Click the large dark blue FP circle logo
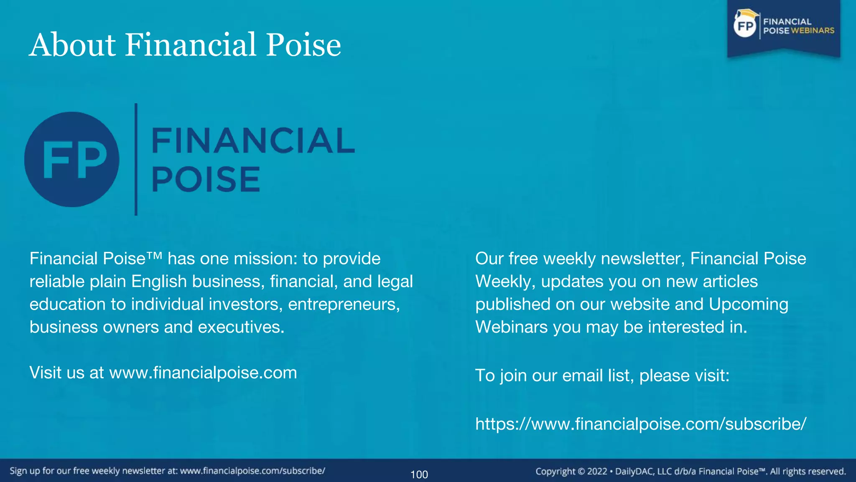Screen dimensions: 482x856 [71, 159]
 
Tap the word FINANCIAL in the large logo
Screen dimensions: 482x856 [253, 141]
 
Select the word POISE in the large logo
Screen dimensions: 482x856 [206, 179]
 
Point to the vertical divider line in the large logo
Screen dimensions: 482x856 [136, 159]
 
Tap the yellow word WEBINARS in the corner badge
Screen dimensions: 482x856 [813, 31]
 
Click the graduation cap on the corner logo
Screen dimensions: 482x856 [746, 14]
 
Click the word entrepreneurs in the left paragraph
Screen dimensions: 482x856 [344, 304]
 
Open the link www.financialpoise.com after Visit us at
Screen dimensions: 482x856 [203, 372]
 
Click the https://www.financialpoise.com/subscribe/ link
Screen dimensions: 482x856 [641, 424]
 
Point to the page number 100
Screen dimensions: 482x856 [419, 474]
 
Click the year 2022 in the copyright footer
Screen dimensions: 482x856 [597, 472]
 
